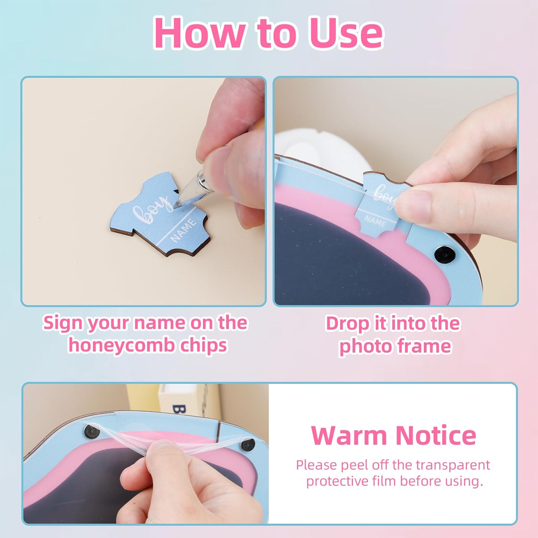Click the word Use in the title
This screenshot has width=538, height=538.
point(346,33)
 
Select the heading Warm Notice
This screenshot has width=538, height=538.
point(393,435)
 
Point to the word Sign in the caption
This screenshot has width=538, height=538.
point(63,323)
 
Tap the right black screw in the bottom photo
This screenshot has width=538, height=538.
point(247,445)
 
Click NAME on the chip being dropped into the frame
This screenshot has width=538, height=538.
point(375,221)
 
